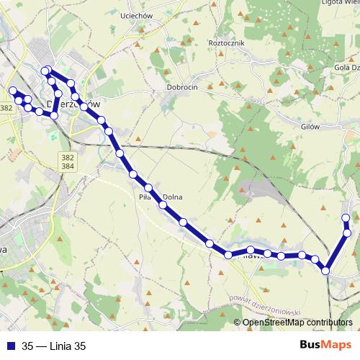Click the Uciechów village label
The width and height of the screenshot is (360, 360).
120,15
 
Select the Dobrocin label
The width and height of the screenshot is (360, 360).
181,86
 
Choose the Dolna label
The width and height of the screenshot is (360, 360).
173,197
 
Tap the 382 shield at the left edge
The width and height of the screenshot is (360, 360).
6,108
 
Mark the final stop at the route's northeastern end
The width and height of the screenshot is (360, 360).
346,217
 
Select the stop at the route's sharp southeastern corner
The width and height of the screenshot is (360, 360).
325,271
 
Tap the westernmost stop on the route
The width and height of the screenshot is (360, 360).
12,91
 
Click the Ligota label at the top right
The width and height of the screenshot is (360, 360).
339,3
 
